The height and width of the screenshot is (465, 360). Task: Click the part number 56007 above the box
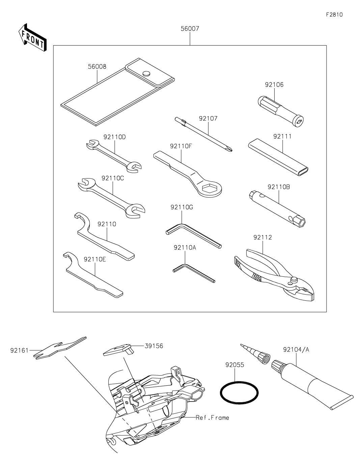[x=190, y=29]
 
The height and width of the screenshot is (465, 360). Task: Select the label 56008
[x=97, y=66]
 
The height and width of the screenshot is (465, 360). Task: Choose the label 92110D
[x=114, y=137]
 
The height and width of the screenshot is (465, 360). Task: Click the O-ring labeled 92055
[x=239, y=392]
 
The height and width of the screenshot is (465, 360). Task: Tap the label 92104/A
[x=296, y=350]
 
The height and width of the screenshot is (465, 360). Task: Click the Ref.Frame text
[x=212, y=417]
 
